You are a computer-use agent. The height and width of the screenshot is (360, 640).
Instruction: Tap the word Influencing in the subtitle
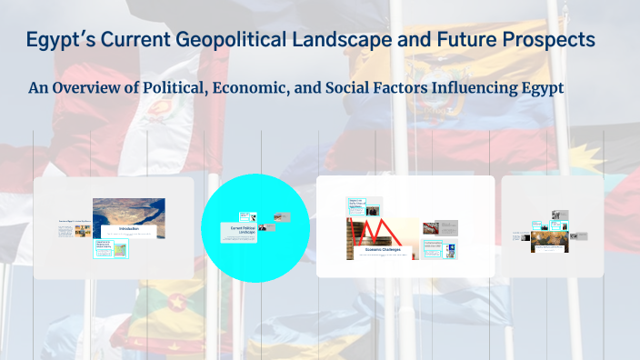472,88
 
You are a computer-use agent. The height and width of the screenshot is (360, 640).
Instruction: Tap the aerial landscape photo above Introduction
128,211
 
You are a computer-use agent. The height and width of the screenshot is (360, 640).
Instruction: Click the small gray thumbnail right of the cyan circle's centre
282,217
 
